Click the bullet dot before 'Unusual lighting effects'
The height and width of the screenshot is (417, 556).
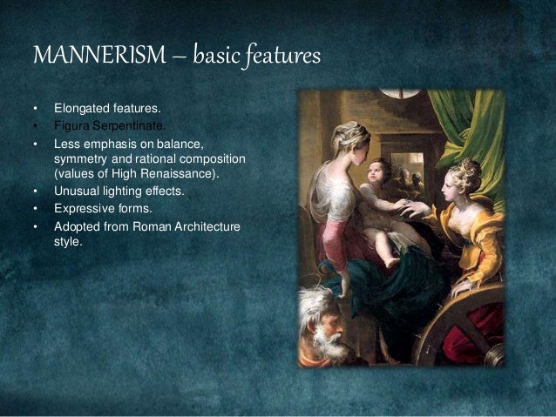tap(36, 192)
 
